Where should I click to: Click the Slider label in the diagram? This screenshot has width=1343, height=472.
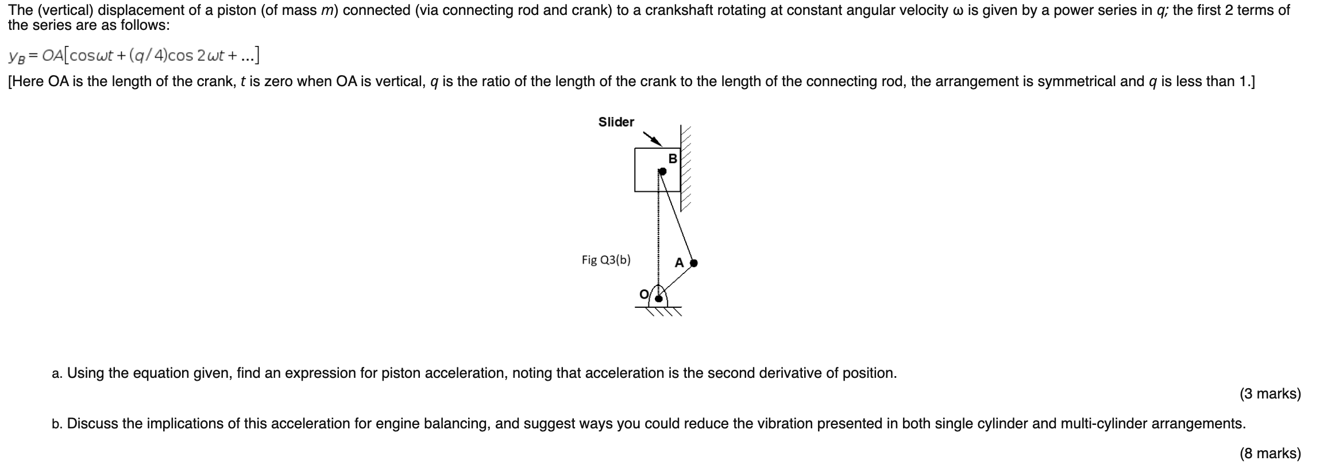[616, 122]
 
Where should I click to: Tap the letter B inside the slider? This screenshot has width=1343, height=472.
[673, 158]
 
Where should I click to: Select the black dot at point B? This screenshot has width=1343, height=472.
[662, 171]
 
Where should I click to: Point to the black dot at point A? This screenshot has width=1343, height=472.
[693, 263]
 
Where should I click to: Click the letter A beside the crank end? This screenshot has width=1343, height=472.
[679, 263]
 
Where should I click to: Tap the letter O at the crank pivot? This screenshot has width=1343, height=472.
[645, 295]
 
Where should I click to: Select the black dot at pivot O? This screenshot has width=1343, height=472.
[659, 298]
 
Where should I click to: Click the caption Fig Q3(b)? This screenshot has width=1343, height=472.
[605, 260]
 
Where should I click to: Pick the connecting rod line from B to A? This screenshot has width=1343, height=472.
[678, 217]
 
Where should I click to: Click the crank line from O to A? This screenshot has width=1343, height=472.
[677, 280]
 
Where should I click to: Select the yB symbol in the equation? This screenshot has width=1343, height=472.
[15, 56]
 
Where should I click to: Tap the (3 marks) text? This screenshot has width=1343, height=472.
[1270, 394]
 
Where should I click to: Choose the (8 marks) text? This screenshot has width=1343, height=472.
[1270, 454]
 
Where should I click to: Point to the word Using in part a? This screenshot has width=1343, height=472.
[85, 373]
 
